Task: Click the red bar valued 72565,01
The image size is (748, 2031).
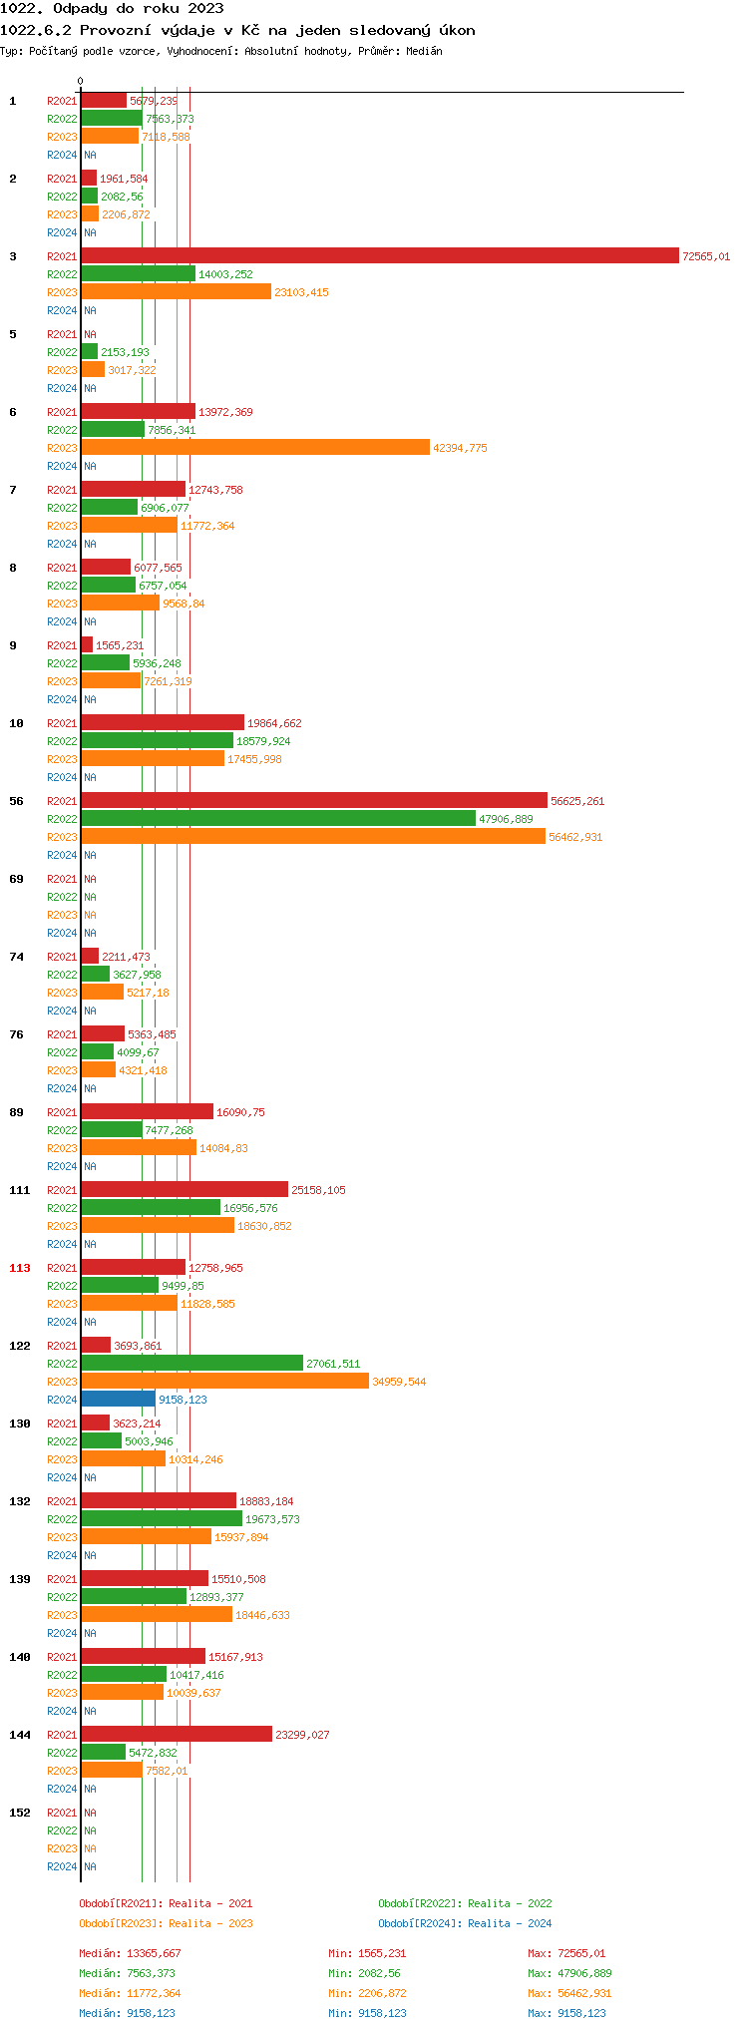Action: pos(379,256)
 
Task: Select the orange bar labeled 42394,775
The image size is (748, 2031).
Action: pos(255,448)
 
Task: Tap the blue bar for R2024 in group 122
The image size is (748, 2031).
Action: pos(118,1400)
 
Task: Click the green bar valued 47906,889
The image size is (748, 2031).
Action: pos(278,819)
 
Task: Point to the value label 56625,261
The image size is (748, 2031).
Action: pos(577,801)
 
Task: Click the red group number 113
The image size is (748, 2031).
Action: pos(20,1268)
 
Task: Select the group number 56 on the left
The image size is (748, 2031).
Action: pos(17,801)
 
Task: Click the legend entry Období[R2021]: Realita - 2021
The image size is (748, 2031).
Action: pos(166,1903)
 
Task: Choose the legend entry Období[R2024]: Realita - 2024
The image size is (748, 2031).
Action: pos(465,1923)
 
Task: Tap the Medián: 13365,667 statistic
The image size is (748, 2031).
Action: pos(130,1953)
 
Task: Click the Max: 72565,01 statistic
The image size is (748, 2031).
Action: pos(566,1953)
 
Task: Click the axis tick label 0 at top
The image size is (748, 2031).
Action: pos(81,82)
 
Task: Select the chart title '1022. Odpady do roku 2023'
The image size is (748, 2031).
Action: pos(112,9)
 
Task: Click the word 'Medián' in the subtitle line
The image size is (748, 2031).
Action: pos(424,51)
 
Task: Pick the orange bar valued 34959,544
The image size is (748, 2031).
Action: pos(224,1382)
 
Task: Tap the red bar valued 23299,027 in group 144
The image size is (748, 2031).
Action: pos(177,1735)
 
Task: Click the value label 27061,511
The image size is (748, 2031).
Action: pos(333,1364)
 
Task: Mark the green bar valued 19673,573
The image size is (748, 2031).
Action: pos(162,1519)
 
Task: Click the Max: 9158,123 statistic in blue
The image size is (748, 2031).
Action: pos(566,2013)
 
